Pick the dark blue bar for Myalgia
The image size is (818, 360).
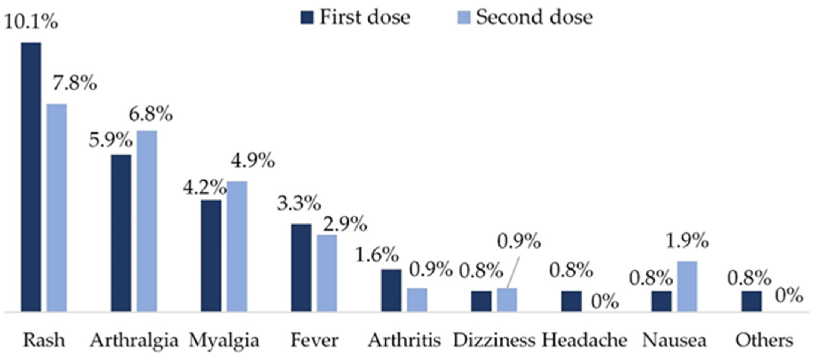pos(212,256)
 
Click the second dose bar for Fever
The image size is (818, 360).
pos(327,273)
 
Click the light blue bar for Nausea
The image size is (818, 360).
pos(687,286)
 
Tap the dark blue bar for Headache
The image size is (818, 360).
pos(571,301)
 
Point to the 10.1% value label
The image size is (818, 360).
pos(31,22)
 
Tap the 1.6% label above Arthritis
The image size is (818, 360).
pos(377,255)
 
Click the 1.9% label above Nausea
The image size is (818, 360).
pos(687,240)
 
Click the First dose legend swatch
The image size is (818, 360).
pos(307,17)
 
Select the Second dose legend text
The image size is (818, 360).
pos(534,17)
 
